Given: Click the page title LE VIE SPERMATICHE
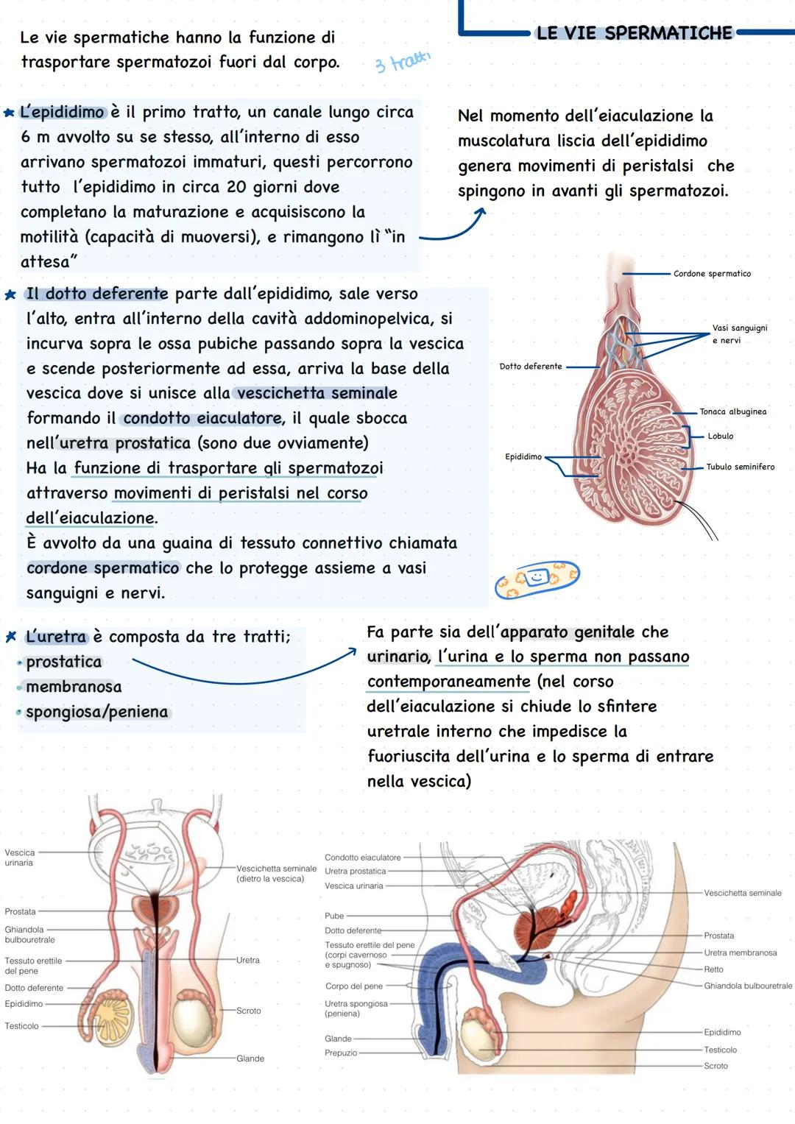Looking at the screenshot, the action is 634,33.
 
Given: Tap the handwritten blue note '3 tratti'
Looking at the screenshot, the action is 402,62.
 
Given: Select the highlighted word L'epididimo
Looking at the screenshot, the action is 63,113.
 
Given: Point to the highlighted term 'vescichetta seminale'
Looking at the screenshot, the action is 317,394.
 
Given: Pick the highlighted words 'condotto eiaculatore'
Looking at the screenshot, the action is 202,419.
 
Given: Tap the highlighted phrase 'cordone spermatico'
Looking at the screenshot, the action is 102,568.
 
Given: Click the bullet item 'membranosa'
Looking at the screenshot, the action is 74,687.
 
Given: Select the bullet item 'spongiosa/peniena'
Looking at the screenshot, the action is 96,712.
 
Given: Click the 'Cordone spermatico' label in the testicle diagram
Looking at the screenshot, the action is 712,274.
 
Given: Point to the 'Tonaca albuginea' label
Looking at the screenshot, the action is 732,412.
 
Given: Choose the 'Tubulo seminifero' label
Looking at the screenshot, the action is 740,467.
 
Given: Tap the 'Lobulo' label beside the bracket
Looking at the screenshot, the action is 720,436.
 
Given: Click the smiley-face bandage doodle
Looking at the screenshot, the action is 537,578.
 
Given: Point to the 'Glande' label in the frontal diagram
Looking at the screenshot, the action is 250,1058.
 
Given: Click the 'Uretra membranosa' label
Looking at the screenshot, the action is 740,952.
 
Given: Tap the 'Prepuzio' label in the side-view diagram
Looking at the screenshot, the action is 341,1053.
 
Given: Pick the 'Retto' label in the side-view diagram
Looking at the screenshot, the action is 713,969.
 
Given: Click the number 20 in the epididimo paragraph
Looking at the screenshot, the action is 236,187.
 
